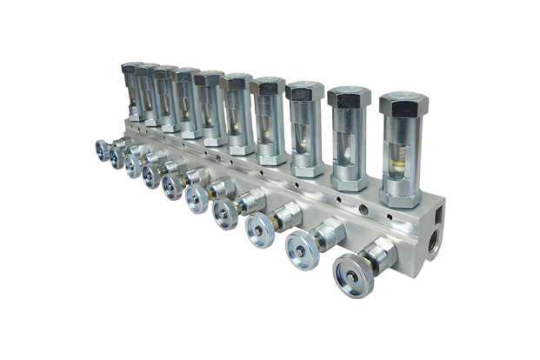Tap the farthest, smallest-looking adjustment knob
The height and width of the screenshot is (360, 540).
103,150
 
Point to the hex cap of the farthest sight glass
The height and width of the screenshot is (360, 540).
131,67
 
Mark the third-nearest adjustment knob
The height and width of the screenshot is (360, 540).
259,230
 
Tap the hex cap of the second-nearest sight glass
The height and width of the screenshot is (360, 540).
349,97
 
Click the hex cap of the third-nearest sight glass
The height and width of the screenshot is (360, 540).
304,90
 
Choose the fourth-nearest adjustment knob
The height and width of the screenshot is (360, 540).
225,213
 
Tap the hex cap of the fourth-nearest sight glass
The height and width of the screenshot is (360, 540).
268,85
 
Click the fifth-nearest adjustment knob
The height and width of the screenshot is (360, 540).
197,198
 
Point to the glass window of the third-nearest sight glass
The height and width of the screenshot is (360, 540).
304,133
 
